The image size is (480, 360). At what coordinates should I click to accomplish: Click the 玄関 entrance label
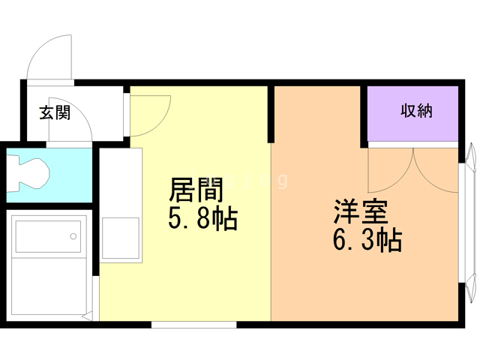tap(55, 113)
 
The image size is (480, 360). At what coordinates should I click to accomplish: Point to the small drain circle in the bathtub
tap(74, 236)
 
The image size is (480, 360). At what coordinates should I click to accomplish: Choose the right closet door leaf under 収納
tap(436, 169)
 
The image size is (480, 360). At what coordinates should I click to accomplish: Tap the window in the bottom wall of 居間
tap(193, 324)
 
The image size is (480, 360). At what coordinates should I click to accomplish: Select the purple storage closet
tap(412, 112)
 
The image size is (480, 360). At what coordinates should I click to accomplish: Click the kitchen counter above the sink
tap(120, 180)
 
